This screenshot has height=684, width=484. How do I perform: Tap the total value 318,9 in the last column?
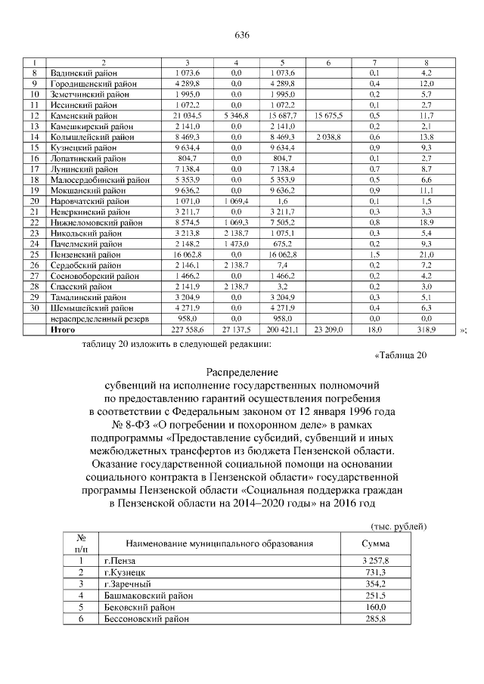coord(426,330)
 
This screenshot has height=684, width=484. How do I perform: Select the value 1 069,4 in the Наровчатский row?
coord(237,202)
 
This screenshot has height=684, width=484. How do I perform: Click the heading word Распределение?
coord(241,373)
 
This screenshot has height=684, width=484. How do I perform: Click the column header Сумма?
coord(375,544)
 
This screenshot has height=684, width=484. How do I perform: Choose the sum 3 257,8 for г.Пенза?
coord(375,561)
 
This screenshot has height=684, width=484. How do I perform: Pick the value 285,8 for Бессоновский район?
coord(375,619)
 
